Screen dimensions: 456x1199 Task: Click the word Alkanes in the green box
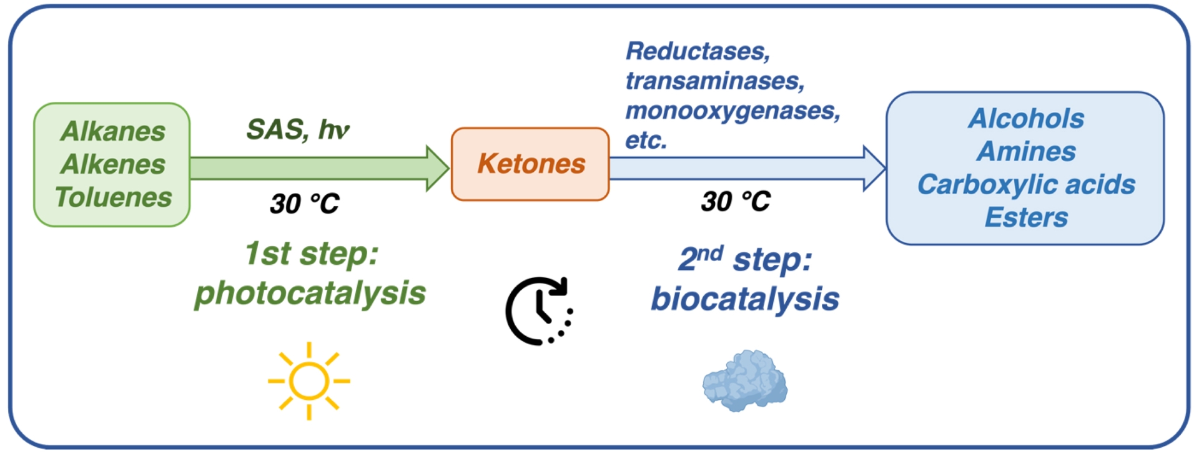[113, 132]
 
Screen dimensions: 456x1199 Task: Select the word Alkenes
[113, 164]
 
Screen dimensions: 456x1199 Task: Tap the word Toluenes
[113, 197]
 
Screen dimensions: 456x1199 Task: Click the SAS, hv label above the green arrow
[298, 130]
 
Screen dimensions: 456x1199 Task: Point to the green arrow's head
[438, 168]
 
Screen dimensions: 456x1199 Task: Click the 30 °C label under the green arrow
[304, 204]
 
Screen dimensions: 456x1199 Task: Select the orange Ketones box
[530, 164]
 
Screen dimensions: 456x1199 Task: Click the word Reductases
[698, 51]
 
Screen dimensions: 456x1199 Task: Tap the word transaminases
[715, 81]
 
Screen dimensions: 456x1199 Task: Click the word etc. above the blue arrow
[646, 141]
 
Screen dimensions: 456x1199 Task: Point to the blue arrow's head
[874, 168]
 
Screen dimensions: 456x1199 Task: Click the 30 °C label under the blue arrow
[736, 202]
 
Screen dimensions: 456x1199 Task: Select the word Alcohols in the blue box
[1026, 119]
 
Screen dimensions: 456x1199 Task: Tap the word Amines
[1026, 152]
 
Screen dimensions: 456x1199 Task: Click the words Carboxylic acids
[1026, 185]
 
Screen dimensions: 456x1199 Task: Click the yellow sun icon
[309, 380]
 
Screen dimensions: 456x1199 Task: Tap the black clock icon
[539, 310]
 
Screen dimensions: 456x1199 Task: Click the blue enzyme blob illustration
[745, 380]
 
